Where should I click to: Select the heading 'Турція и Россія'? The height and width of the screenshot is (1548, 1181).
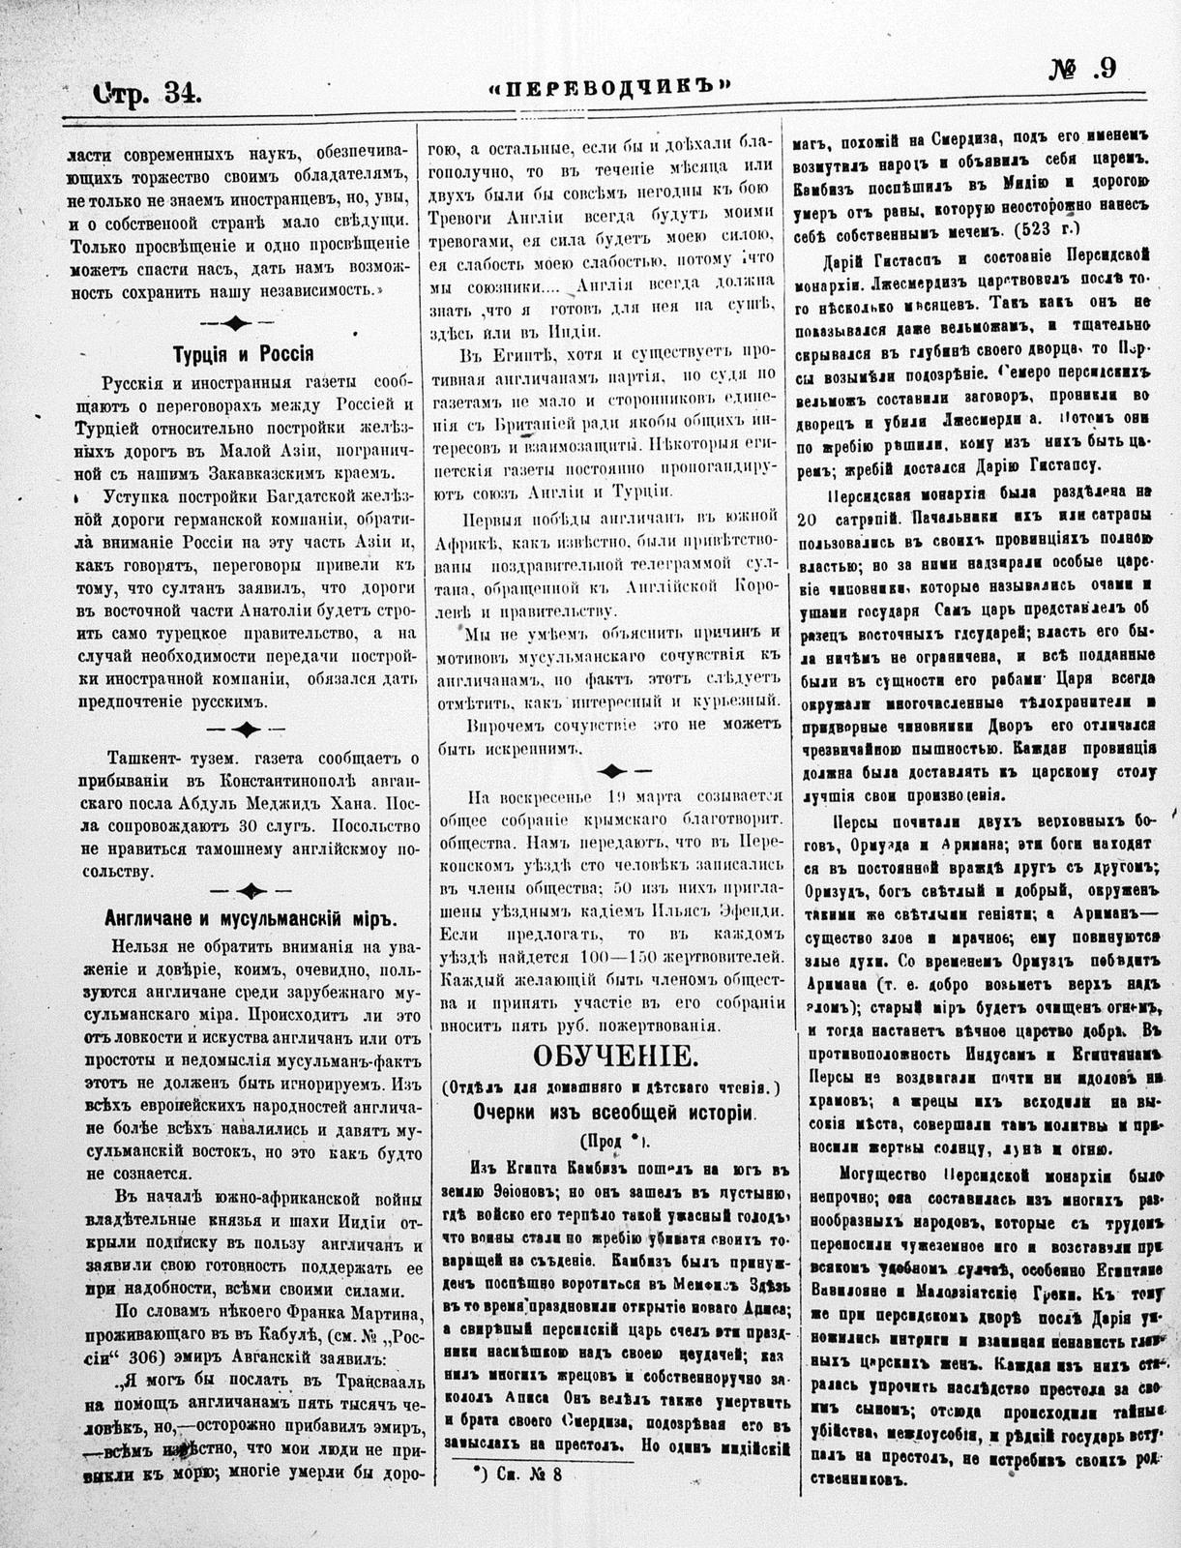242,354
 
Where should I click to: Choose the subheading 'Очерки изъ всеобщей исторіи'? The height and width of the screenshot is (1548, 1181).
612,1112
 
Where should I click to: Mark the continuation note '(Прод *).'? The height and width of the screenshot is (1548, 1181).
612,1139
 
